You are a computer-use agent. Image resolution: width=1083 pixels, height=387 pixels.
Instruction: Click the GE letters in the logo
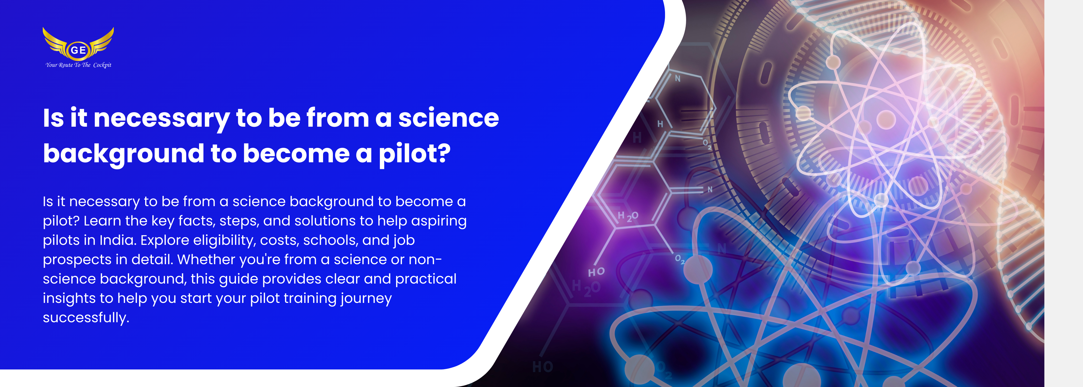pyautogui.click(x=78, y=50)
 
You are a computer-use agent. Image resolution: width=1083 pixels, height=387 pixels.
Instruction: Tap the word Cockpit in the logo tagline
pyautogui.click(x=102, y=65)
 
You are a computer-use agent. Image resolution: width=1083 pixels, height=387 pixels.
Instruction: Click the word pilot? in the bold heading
pyautogui.click(x=415, y=154)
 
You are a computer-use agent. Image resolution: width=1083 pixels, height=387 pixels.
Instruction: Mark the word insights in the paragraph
pyautogui.click(x=69, y=299)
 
